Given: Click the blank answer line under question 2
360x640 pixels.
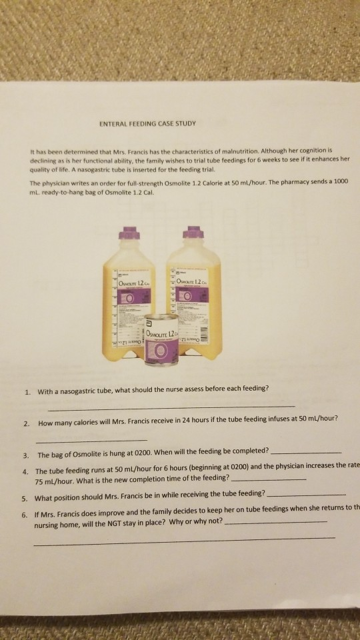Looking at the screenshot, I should point(92,440).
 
